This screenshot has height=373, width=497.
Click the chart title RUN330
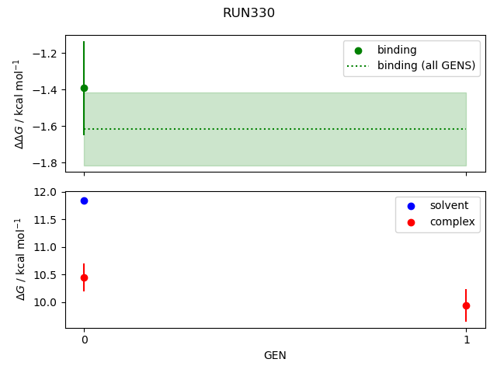(248, 13)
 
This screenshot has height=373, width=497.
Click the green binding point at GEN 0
(84, 88)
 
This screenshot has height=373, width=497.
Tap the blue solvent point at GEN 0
(84, 200)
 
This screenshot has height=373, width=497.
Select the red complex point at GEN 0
(84, 277)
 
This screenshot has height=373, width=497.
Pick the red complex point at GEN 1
(466, 305)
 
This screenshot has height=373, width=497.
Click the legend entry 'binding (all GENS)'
(426, 65)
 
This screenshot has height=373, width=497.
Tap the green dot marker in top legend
(358, 51)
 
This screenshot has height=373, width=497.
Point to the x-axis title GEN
(275, 355)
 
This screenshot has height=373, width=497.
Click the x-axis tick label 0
(84, 340)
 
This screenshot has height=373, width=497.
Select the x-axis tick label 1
(466, 340)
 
